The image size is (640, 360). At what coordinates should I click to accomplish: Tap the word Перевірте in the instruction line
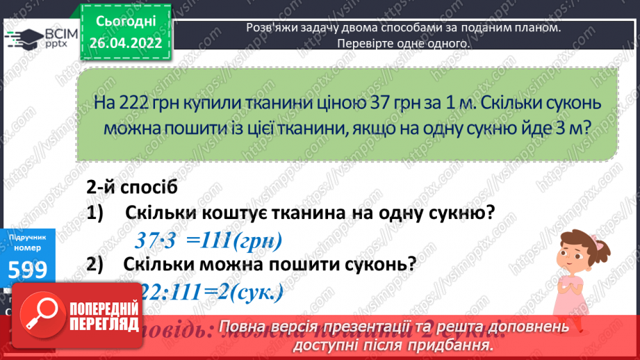pyautogui.click(x=366, y=43)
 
